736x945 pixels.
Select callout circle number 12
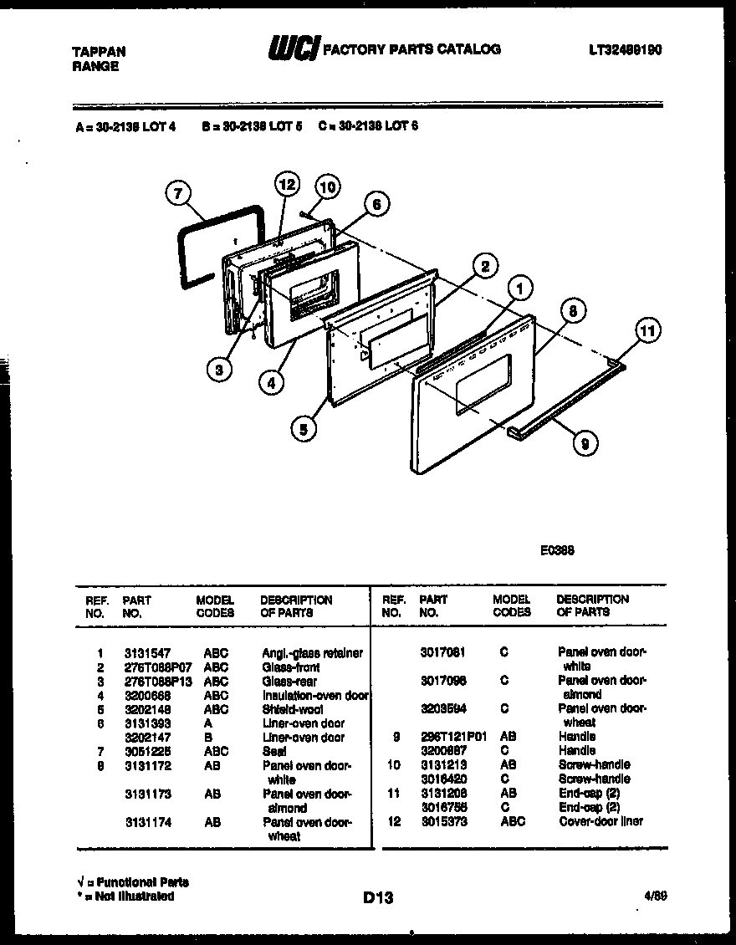tap(287, 184)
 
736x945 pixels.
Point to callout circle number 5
tap(304, 430)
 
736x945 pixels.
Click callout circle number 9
tap(585, 444)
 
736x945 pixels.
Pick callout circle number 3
tap(219, 370)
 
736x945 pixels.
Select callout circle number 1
tap(520, 289)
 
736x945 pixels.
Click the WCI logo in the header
tap(292, 50)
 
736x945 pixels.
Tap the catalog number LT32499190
tap(625, 50)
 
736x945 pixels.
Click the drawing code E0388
tap(556, 550)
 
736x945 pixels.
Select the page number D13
tap(378, 898)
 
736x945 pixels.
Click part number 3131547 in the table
tap(147, 653)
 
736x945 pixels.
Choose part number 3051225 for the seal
tap(147, 751)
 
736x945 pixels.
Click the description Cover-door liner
tap(601, 821)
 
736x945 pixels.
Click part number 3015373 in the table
tap(443, 821)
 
